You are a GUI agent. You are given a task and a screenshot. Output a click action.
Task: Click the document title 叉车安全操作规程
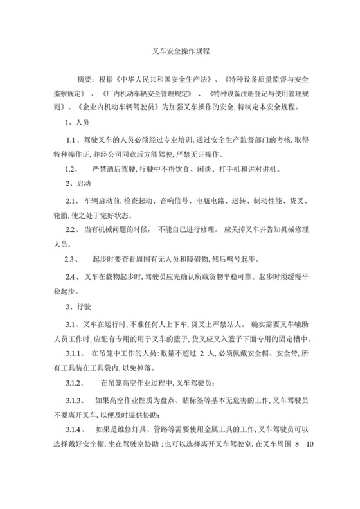tap(180, 49)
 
